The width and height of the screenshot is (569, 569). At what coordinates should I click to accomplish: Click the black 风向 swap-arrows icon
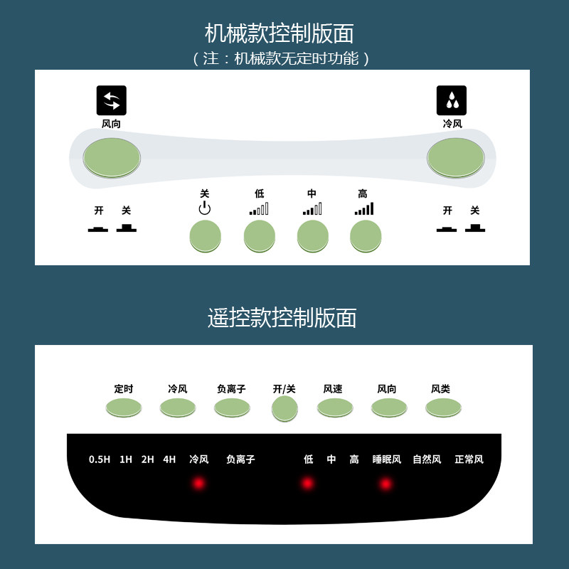click(111, 100)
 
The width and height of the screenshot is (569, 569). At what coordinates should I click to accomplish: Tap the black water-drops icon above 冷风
click(452, 100)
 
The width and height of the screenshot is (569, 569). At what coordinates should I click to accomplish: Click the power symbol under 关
click(205, 208)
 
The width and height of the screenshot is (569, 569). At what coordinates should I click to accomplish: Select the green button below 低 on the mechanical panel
click(260, 235)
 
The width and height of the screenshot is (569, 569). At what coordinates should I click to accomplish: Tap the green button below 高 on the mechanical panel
click(366, 235)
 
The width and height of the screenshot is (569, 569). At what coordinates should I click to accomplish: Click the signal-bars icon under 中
click(312, 209)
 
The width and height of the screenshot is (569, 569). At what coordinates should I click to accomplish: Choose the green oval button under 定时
click(123, 407)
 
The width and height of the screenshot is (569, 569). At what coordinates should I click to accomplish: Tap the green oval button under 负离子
click(232, 407)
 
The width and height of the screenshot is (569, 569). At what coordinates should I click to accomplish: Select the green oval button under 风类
click(442, 407)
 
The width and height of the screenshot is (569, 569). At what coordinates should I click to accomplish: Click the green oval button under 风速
click(334, 407)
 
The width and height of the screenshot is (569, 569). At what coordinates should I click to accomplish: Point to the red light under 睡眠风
click(385, 484)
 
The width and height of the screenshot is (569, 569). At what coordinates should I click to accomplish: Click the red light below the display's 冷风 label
click(198, 484)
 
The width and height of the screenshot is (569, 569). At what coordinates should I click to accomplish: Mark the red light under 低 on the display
click(307, 484)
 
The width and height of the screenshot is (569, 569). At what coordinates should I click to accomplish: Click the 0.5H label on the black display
click(100, 459)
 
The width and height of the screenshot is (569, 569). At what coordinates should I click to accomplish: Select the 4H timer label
click(169, 459)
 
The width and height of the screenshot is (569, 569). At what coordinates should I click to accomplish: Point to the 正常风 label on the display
click(469, 459)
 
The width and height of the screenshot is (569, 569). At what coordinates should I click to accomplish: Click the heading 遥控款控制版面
click(282, 318)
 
